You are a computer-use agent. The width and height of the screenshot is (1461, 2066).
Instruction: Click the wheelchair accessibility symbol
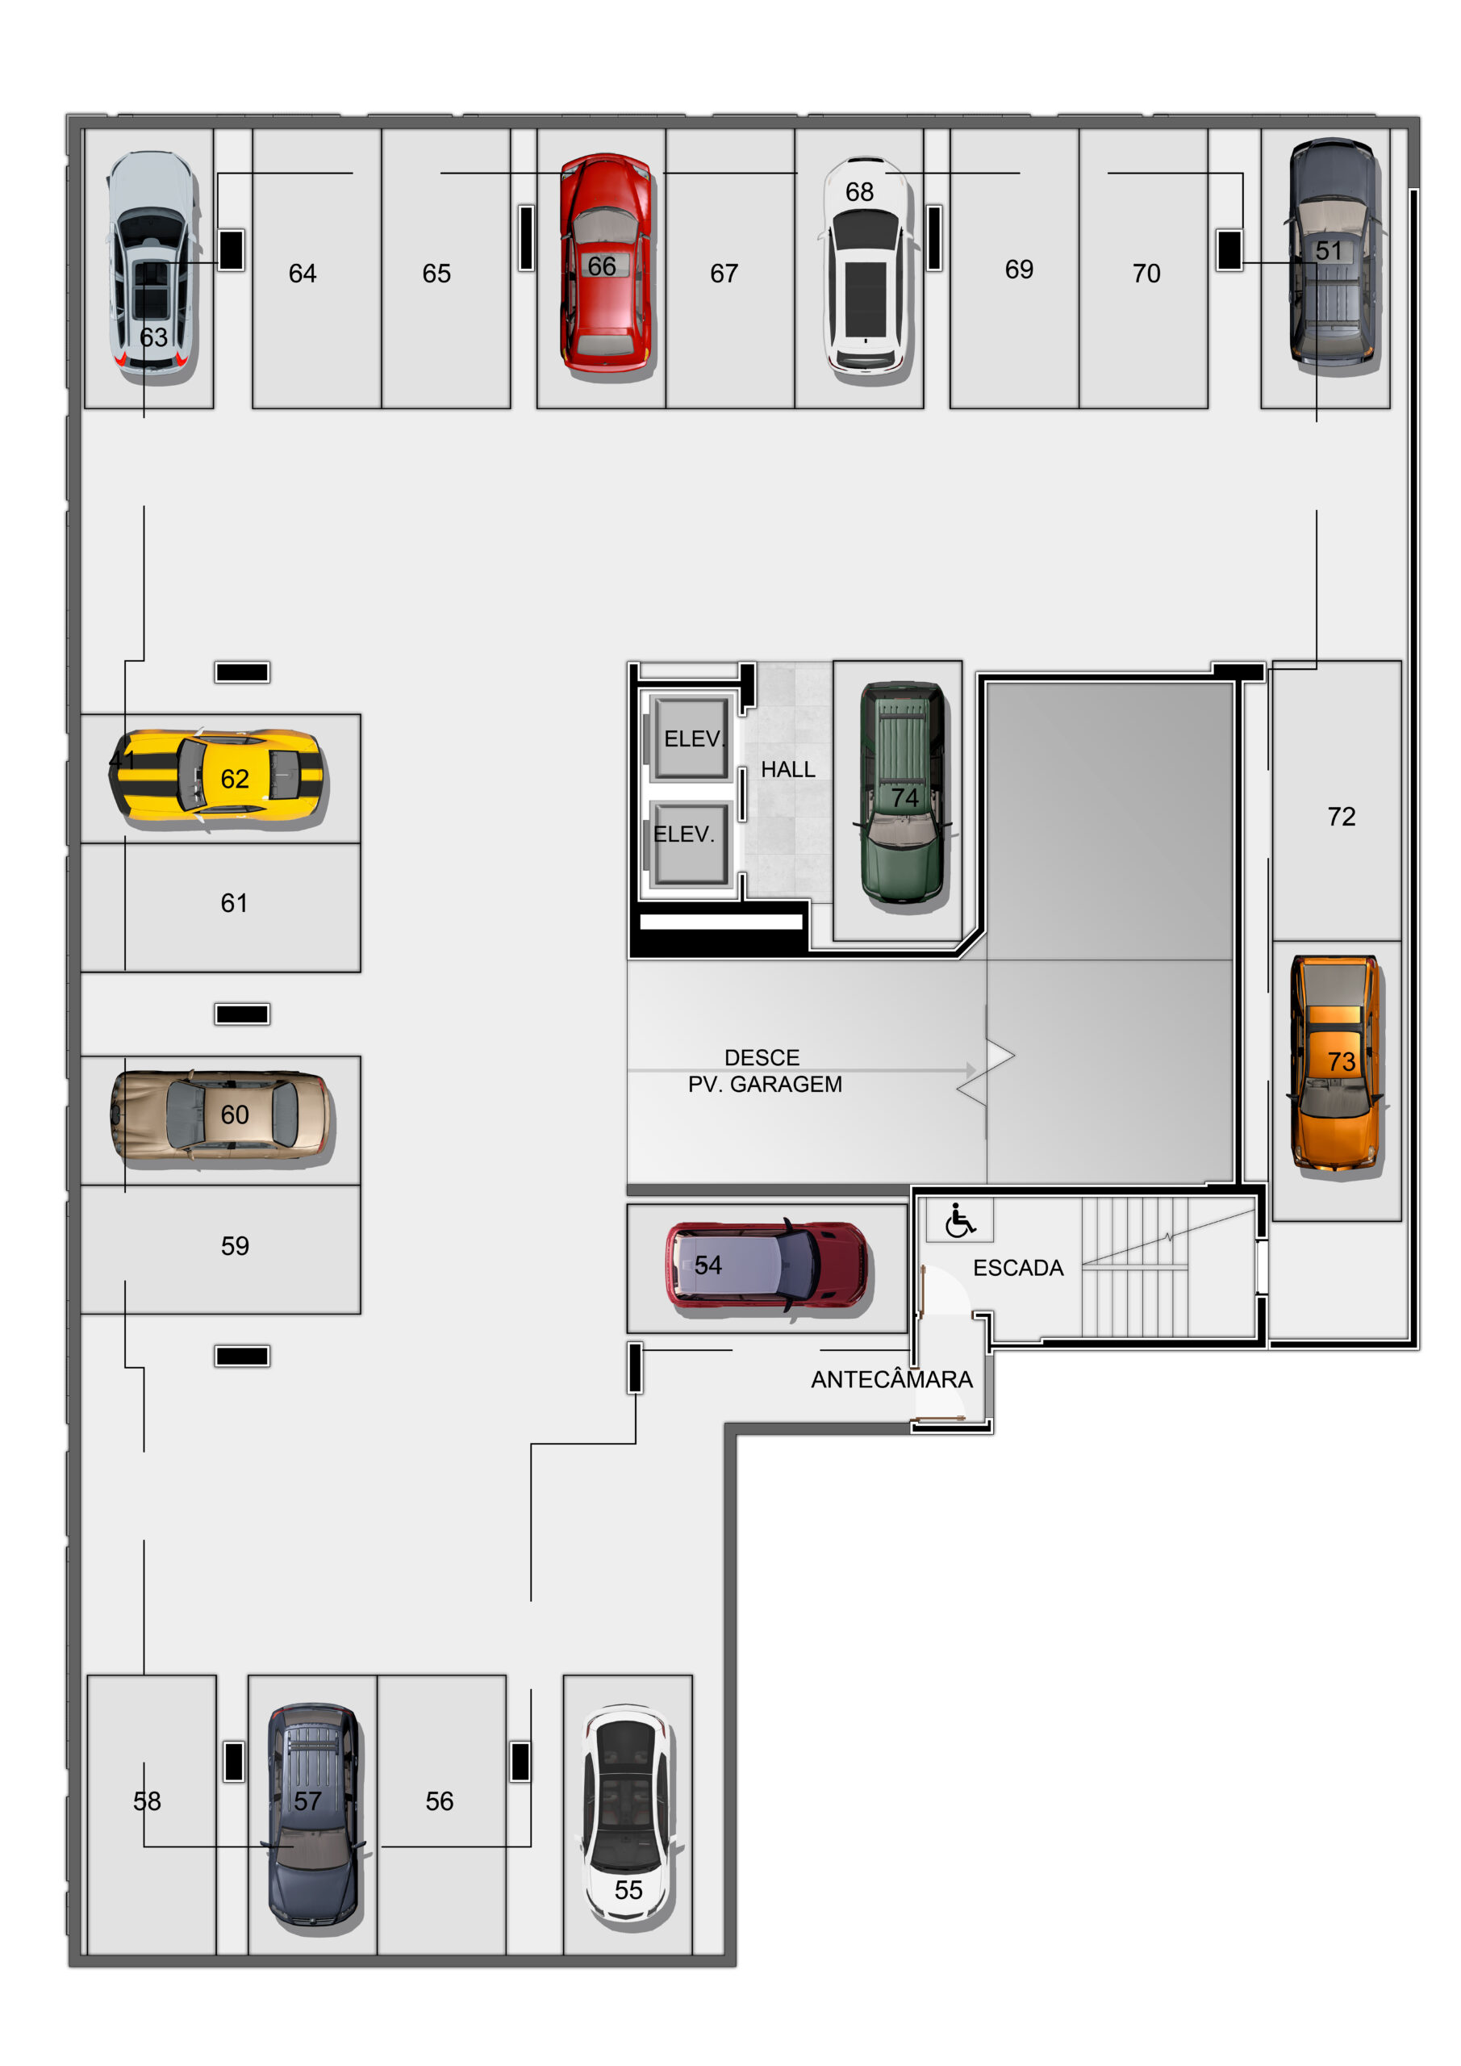tap(960, 1221)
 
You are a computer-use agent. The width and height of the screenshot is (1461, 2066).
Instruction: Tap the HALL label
tap(788, 769)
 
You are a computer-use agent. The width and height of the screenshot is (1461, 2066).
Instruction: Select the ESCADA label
tap(1018, 1268)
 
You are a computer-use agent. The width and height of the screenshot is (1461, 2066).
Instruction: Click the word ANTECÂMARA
tap(891, 1379)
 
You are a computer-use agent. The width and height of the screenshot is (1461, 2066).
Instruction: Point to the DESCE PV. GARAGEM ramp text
tap(764, 1071)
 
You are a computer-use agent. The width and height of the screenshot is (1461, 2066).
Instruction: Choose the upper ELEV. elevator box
tap(691, 738)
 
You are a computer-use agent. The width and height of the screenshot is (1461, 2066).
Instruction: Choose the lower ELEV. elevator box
tap(691, 843)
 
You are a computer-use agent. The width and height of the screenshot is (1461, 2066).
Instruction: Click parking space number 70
tap(1146, 274)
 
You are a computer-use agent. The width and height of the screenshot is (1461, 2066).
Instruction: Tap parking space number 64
tap(303, 274)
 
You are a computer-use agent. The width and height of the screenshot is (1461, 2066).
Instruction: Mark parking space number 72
tap(1342, 816)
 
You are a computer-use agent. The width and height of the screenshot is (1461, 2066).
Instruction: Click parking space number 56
tap(439, 1800)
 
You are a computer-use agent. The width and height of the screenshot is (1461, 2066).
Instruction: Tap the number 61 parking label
tap(234, 902)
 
